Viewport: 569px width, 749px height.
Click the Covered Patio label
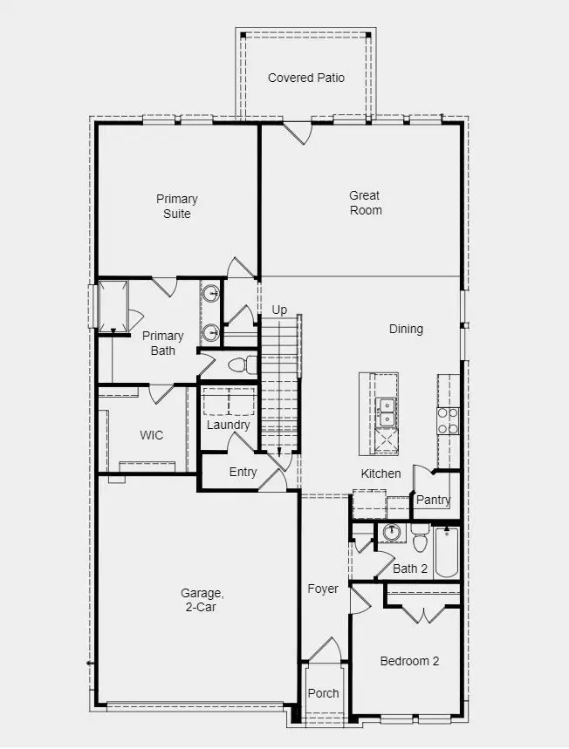point(305,78)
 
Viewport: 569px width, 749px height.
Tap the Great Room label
point(365,202)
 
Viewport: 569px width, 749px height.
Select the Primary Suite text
point(176,206)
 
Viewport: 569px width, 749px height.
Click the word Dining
point(406,329)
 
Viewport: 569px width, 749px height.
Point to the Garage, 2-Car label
point(198,600)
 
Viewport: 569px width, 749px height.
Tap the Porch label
point(323,693)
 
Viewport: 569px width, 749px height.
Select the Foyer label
point(322,589)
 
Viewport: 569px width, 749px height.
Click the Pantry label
point(433,500)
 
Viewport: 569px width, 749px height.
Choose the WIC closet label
point(151,435)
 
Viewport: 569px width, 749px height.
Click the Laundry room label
point(228,425)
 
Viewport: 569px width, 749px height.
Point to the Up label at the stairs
point(279,310)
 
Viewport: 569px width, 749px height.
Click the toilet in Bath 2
point(420,542)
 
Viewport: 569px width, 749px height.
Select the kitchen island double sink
point(386,412)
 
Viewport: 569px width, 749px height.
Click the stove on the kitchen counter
point(447,420)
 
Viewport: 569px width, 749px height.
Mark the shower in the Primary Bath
point(113,304)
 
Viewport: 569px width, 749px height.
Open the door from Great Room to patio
point(297,133)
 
